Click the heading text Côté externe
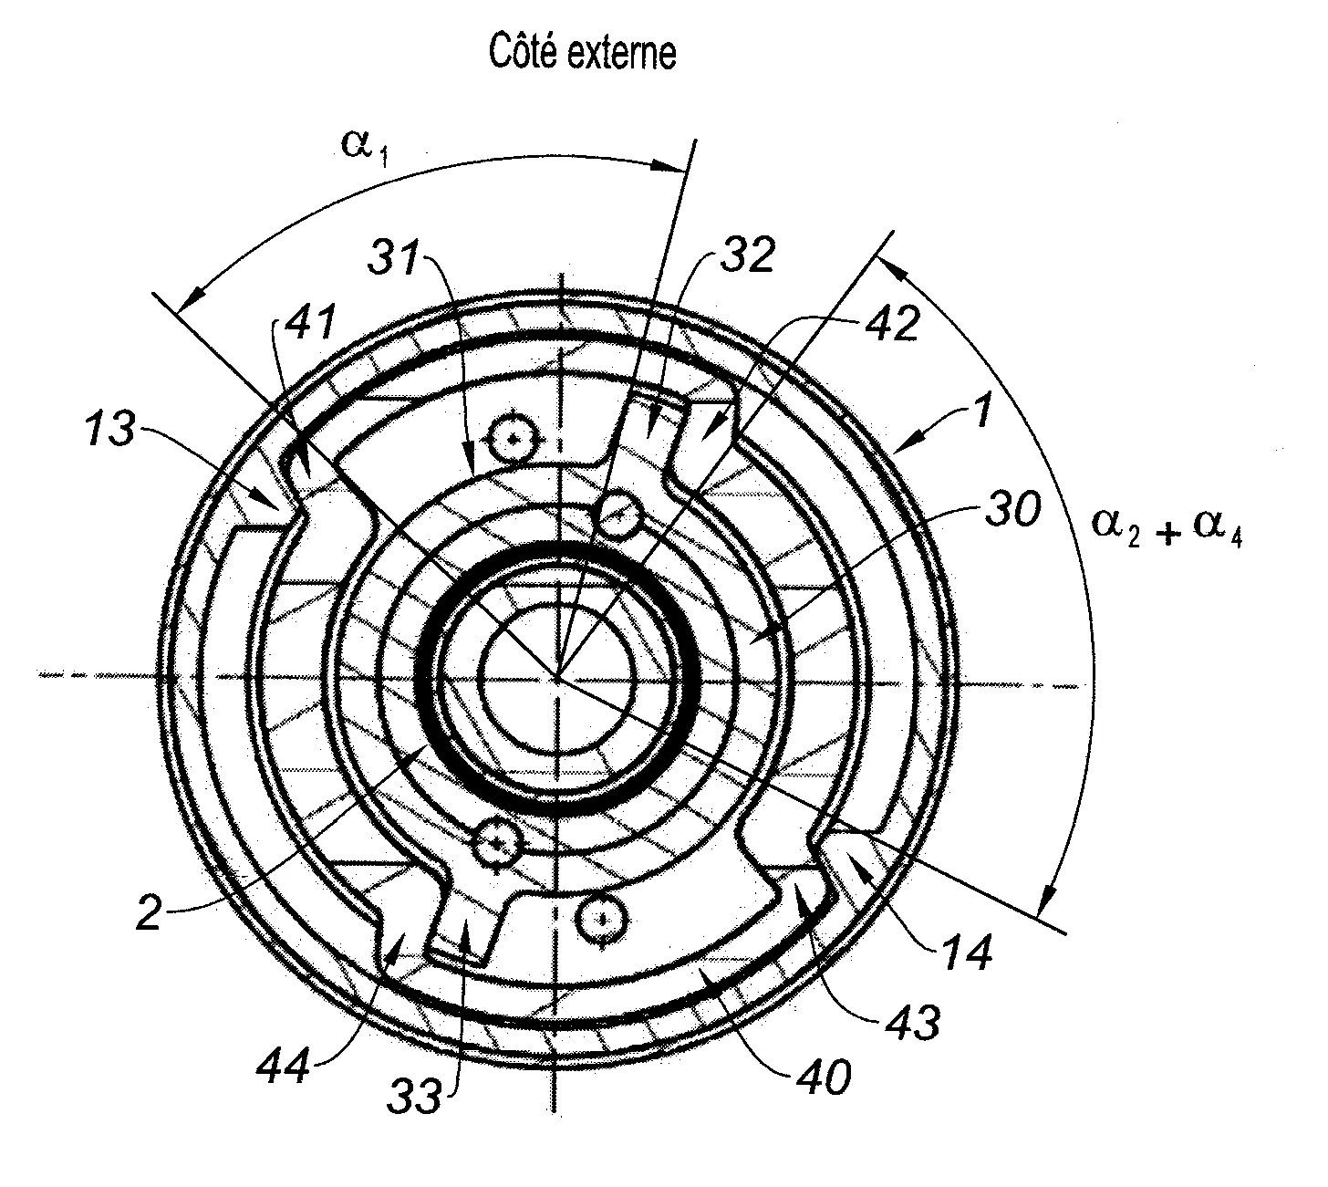click(582, 53)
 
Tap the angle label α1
click(365, 148)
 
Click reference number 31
click(394, 256)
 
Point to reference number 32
click(748, 255)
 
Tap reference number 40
click(824, 1077)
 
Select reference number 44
click(283, 1067)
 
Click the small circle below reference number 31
click(515, 438)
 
